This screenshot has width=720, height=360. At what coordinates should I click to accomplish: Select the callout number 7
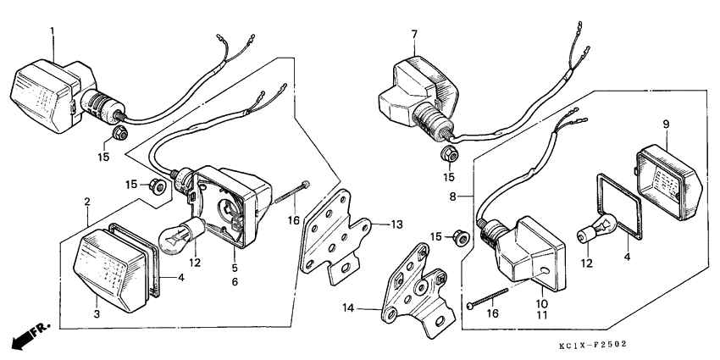coord(414,34)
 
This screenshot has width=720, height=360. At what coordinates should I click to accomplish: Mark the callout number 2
coord(87,202)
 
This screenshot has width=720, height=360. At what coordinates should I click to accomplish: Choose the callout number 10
coord(541,302)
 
